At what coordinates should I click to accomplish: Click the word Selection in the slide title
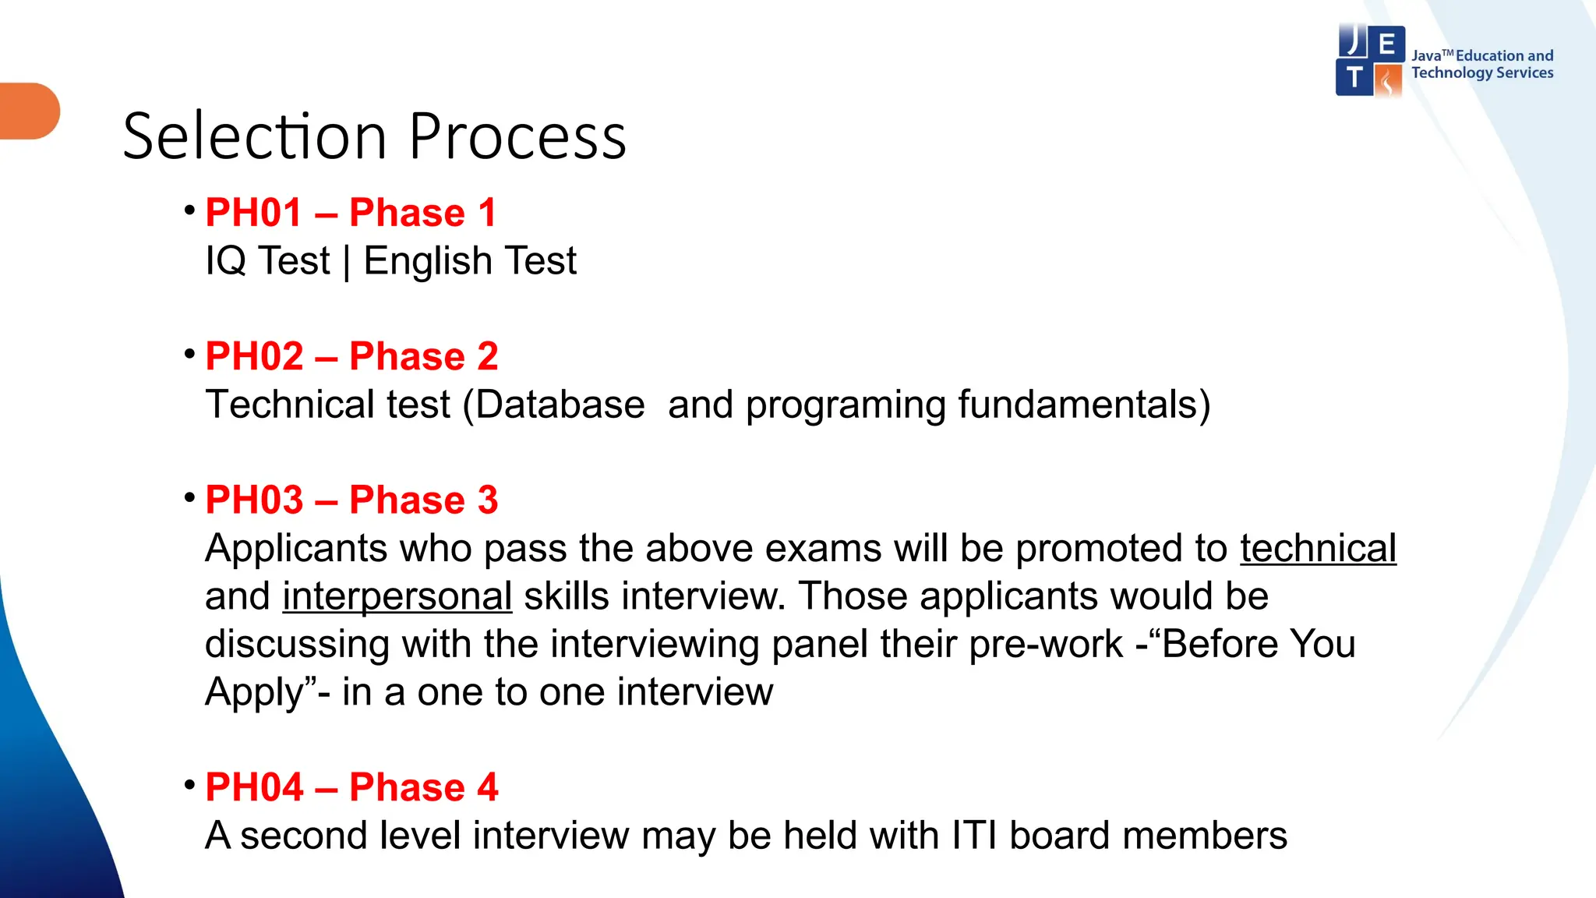254,137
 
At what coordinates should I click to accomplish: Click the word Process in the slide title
517,137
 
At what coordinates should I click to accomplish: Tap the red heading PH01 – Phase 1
351,213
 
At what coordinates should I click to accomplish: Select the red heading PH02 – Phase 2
351,356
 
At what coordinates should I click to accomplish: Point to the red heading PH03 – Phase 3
351,500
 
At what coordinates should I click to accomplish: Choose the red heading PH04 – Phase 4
351,787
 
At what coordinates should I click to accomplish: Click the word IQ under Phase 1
225,261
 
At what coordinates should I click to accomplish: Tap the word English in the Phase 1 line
427,261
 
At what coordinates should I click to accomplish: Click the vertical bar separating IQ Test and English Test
347,262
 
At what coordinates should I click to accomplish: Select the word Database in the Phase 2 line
560,405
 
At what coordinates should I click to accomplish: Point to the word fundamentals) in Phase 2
1084,405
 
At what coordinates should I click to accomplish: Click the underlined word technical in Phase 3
1318,549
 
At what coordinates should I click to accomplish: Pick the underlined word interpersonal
397,597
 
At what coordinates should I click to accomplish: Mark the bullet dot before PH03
189,497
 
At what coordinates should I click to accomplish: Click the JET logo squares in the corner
1370,61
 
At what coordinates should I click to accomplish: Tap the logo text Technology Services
1482,73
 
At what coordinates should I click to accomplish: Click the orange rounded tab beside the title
30,111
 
